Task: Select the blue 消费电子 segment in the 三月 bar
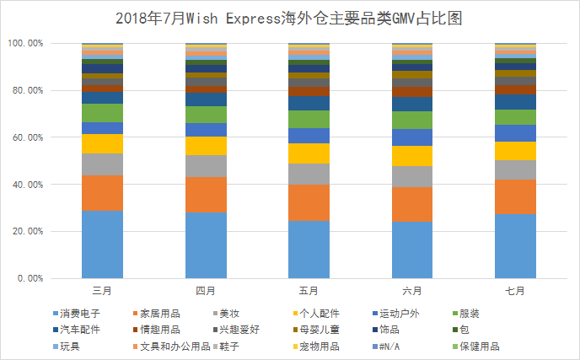click(x=102, y=244)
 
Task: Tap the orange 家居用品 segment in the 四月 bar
click(x=206, y=194)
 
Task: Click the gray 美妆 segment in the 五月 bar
click(x=309, y=174)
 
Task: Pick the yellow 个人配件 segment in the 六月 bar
click(x=413, y=156)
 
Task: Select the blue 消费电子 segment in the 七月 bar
click(x=516, y=245)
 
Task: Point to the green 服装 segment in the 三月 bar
click(x=102, y=113)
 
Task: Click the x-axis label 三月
click(x=102, y=291)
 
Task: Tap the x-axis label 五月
click(x=309, y=291)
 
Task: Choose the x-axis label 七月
click(x=516, y=291)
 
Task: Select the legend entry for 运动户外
click(x=400, y=314)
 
